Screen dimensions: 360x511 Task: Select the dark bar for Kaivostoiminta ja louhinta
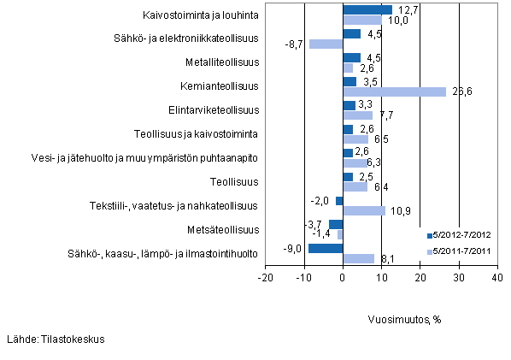point(367,10)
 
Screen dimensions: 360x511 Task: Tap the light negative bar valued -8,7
point(326,44)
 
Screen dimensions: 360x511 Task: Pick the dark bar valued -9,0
point(326,249)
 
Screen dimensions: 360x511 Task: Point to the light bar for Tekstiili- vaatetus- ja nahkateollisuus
point(364,210)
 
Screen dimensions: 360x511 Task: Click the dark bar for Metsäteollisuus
point(336,225)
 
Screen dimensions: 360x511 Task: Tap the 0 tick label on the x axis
point(343,277)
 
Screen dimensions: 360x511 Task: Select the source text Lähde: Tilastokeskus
point(55,339)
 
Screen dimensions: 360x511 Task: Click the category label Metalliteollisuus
point(221,62)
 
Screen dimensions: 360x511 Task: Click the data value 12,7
point(403,9)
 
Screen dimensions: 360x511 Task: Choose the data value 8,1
point(385,258)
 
